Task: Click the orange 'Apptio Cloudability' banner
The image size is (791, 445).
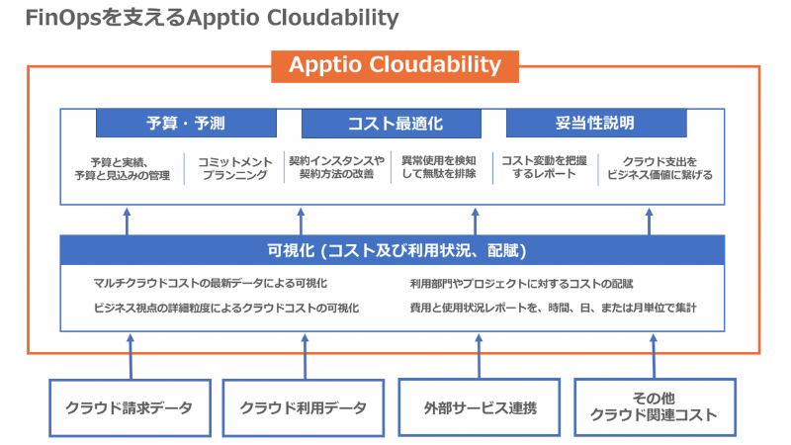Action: coord(395,65)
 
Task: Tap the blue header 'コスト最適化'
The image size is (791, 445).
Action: coord(395,124)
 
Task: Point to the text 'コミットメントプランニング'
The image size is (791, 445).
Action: coord(233,167)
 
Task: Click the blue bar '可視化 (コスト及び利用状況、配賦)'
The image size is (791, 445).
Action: coord(395,250)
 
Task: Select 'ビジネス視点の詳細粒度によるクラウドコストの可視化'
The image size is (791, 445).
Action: coord(226,308)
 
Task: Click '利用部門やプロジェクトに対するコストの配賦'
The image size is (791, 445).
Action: coord(521,284)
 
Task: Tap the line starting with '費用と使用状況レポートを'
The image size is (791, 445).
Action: coord(553,308)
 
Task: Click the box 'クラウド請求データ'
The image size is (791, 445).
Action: coord(130,406)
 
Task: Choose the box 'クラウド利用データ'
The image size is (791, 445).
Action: coord(303,406)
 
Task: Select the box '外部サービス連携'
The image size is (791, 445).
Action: coord(477,406)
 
